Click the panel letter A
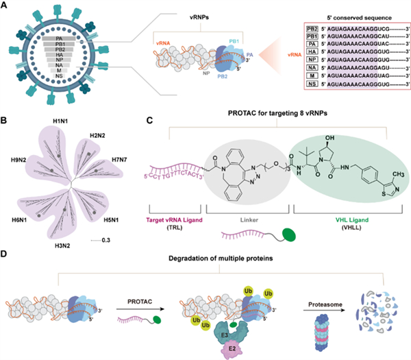click(x=6, y=6)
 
